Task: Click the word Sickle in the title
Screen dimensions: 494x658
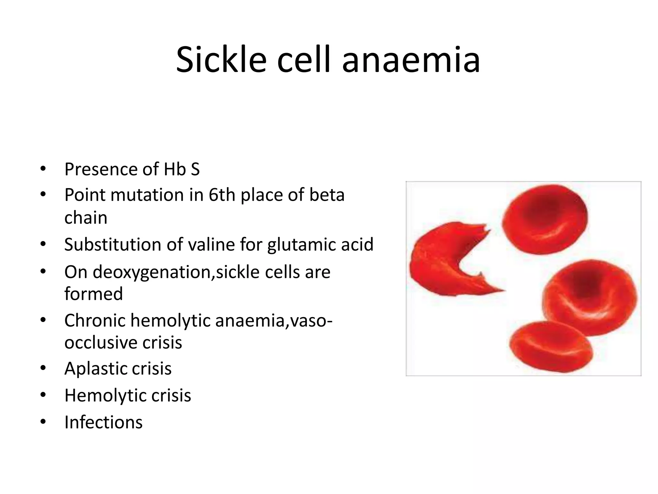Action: coord(221,60)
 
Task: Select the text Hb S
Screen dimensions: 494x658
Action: coord(182,169)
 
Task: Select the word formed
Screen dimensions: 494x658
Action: coord(93,294)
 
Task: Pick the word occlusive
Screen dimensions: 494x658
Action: coord(101,343)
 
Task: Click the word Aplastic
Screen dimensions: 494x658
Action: coord(95,369)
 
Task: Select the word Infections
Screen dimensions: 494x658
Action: coord(103,422)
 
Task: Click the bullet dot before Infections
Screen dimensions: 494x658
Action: coord(43,422)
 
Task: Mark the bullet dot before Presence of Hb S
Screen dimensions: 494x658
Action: coord(43,169)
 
